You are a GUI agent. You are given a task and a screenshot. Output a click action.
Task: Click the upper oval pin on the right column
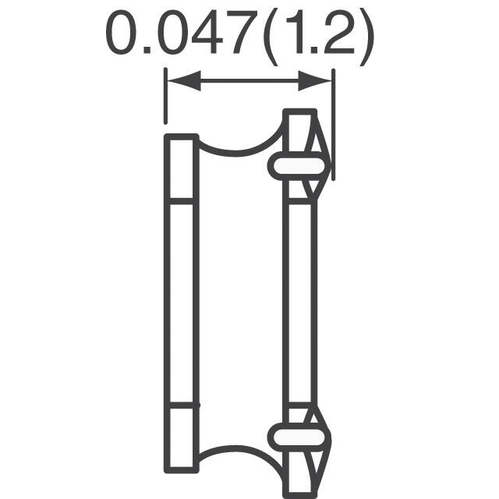pos(299,165)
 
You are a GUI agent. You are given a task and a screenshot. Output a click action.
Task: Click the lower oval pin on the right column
pos(299,432)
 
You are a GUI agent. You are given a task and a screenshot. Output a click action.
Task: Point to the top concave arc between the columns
pos(238,148)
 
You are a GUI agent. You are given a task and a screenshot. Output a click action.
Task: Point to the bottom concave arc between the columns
pos(238,452)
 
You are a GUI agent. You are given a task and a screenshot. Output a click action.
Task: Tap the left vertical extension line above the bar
pos(165,97)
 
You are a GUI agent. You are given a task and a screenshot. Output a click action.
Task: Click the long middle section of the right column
pos(300,304)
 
